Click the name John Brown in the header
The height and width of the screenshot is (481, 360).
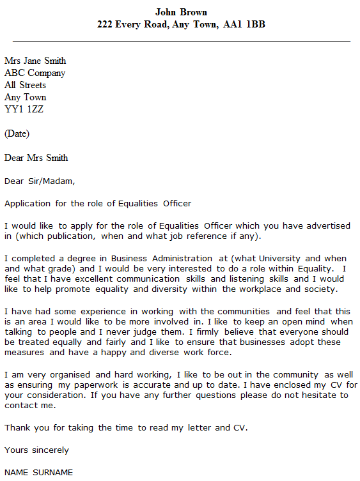(181, 12)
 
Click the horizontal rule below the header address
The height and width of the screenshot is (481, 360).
(181, 41)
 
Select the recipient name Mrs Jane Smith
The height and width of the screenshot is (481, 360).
(35, 61)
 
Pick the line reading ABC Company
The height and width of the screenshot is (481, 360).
(35, 73)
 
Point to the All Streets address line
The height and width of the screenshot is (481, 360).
(25, 86)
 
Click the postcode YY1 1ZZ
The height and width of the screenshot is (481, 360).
(24, 109)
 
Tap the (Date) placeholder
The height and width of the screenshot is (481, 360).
(17, 134)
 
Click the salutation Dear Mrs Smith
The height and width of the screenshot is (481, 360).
(36, 158)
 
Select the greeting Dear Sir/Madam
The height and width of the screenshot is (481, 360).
(39, 181)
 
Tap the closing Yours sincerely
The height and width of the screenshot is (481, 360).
(36, 450)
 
